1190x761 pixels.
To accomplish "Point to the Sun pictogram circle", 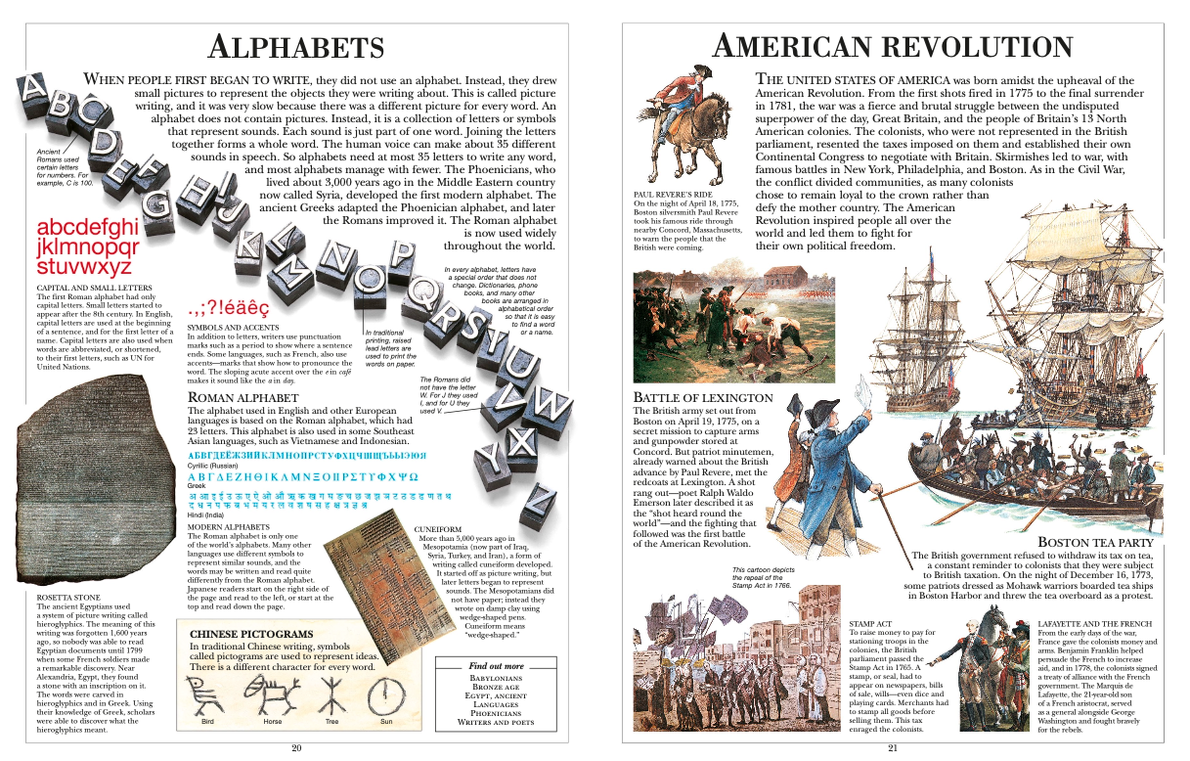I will [x=386, y=696].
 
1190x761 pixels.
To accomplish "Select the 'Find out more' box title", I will [x=496, y=666].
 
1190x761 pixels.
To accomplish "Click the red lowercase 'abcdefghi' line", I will [x=87, y=228].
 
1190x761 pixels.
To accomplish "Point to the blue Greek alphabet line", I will [x=302, y=476].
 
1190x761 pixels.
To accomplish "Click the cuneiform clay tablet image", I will [x=368, y=571].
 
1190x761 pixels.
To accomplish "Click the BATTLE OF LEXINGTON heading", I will [x=703, y=398].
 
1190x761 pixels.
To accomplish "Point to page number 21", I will [x=893, y=749].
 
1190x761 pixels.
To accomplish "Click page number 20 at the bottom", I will [x=297, y=748].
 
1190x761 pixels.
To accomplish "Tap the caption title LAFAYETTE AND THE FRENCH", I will [x=1096, y=622].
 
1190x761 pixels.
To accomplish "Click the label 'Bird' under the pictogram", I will [x=207, y=722].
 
